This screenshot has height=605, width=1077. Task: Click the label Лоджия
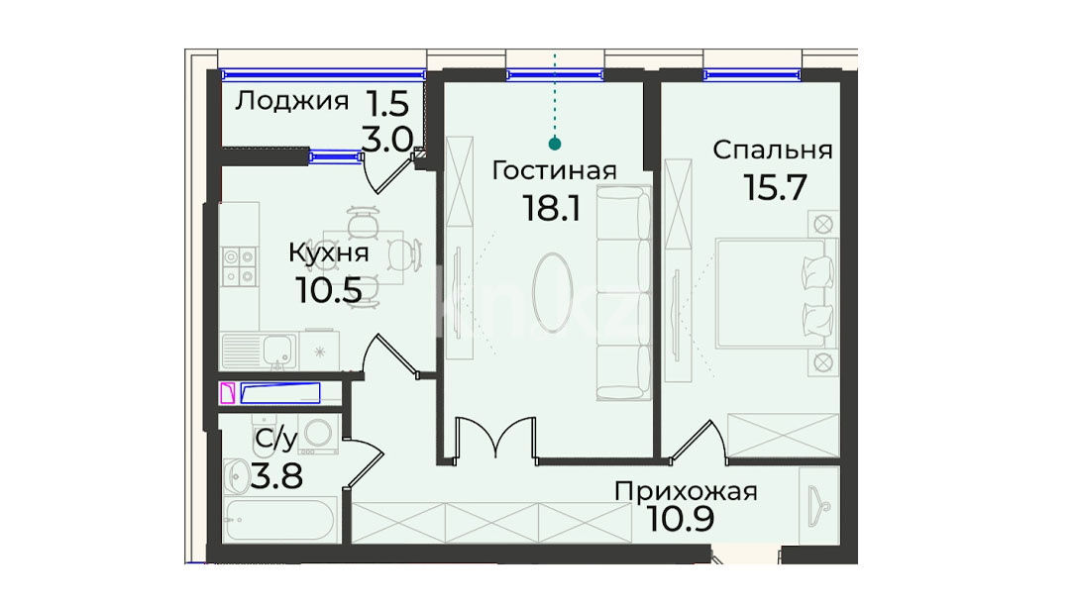(x=292, y=102)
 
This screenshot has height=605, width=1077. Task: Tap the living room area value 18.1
(x=552, y=207)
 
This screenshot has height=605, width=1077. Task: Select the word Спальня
(x=773, y=150)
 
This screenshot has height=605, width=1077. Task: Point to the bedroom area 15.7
(x=775, y=187)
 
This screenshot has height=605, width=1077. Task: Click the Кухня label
(x=328, y=253)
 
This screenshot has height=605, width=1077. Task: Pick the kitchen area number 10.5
(x=328, y=290)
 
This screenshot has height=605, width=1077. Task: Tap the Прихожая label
(x=686, y=492)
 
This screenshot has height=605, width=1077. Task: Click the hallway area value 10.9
(x=681, y=519)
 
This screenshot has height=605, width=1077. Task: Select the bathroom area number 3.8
(x=276, y=476)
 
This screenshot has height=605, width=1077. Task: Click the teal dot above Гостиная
(x=555, y=144)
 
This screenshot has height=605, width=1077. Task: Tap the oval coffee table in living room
(x=552, y=292)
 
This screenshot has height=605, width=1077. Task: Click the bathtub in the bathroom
(x=279, y=520)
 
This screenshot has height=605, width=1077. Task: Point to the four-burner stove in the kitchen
(x=239, y=266)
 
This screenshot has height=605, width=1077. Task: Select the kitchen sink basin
(x=279, y=352)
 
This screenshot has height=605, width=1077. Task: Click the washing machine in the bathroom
(x=319, y=434)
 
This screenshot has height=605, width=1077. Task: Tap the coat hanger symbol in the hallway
(x=818, y=505)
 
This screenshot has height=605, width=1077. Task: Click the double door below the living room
(x=495, y=437)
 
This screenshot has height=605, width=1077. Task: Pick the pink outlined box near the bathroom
(x=227, y=393)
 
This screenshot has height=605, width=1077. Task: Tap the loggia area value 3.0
(x=386, y=140)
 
